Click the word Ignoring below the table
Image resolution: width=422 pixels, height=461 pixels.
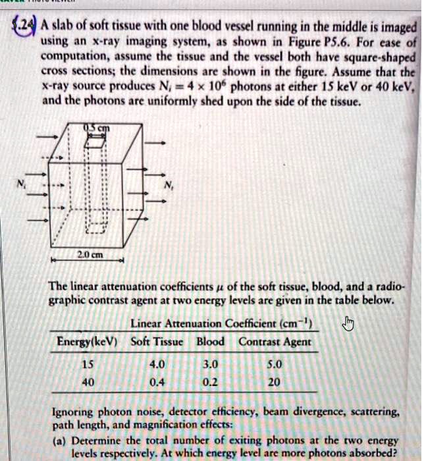[x=72, y=412]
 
